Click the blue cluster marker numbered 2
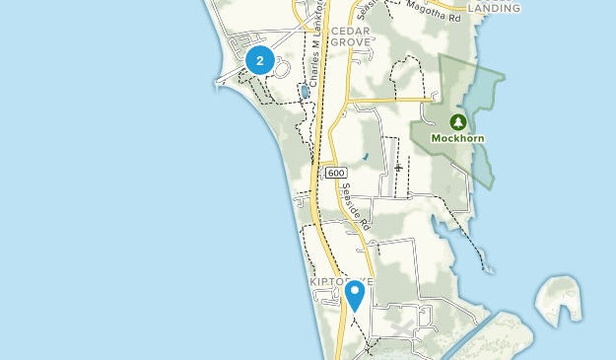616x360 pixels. (x=259, y=61)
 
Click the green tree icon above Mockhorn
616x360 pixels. (x=457, y=122)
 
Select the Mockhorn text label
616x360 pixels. (x=457, y=139)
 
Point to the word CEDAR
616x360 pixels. (x=349, y=32)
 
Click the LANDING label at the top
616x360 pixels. (x=493, y=8)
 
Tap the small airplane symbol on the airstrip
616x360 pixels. (x=397, y=167)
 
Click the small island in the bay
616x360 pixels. (x=557, y=302)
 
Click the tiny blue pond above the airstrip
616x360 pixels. (x=365, y=156)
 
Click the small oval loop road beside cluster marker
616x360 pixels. (x=279, y=67)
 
